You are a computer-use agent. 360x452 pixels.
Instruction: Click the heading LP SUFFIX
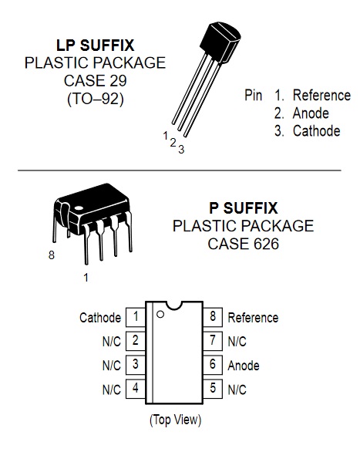[95, 46]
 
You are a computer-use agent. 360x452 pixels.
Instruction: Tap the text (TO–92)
[96, 99]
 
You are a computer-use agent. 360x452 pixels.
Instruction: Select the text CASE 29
[95, 81]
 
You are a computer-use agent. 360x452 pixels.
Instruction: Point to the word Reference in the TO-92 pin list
[321, 95]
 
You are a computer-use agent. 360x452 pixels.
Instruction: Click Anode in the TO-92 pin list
[311, 113]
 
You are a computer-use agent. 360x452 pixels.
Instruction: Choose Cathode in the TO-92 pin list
[317, 131]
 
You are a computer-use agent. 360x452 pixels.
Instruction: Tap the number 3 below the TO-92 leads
[181, 150]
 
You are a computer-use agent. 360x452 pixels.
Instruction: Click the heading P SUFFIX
[244, 208]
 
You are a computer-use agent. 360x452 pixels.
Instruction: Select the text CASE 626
[244, 244]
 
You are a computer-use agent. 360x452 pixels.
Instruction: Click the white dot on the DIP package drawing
[79, 207]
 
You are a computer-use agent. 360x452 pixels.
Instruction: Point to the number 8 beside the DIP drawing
[52, 255]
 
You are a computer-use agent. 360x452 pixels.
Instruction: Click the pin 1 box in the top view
[136, 317]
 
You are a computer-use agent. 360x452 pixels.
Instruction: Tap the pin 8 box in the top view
[213, 317]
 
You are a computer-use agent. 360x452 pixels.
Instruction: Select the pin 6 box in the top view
[213, 365]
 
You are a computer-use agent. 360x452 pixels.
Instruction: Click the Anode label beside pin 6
[244, 366]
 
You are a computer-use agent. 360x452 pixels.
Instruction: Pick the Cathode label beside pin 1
[100, 318]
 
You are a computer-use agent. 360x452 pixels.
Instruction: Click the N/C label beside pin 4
[112, 390]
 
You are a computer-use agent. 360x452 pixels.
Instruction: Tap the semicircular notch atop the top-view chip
[174, 307]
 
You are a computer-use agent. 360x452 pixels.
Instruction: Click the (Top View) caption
[176, 420]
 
